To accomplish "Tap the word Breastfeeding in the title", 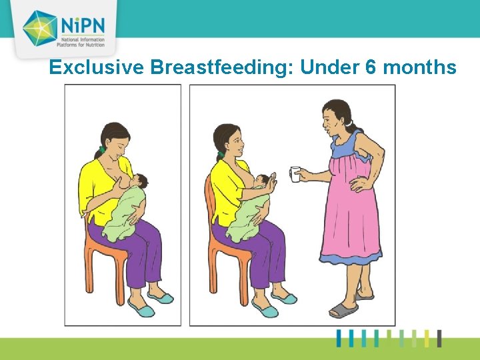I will click(223, 67).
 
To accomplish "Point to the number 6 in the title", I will click(371, 67).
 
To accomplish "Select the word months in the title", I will click(419, 67).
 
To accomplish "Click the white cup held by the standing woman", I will click(295, 175).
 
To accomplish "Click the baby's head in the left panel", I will click(140, 181).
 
